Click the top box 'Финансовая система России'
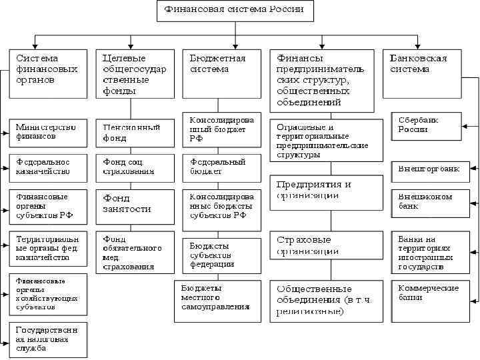[x=234, y=11]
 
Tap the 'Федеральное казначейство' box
[x=48, y=167]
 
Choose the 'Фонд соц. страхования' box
[x=131, y=167]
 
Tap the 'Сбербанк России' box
[x=426, y=125]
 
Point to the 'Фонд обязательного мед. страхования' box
[x=131, y=252]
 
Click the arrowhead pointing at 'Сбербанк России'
[x=465, y=125]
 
